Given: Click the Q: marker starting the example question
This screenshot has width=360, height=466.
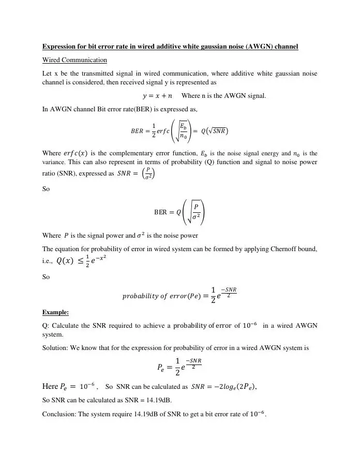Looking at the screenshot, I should click(x=46, y=325).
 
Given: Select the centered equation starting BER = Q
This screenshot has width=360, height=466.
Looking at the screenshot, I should click(x=180, y=212).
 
